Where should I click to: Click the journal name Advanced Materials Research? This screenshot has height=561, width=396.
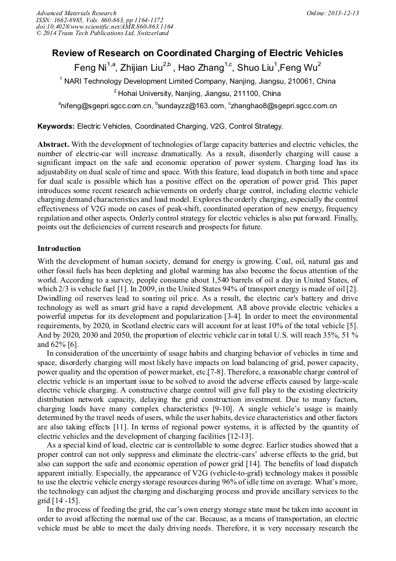pyautogui.click(x=77, y=13)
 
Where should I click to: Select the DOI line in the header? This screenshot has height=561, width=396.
pyautogui.click(x=105, y=26)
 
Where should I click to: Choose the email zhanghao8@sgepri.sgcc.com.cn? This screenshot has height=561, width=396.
pyautogui.click(x=284, y=106)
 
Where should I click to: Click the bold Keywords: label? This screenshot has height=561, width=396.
pyautogui.click(x=56, y=126)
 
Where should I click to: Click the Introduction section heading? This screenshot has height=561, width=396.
pyautogui.click(x=59, y=249)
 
